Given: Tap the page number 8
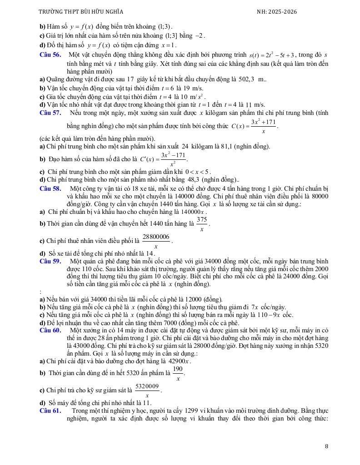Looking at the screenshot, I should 326,446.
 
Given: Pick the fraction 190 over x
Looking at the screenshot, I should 178,373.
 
